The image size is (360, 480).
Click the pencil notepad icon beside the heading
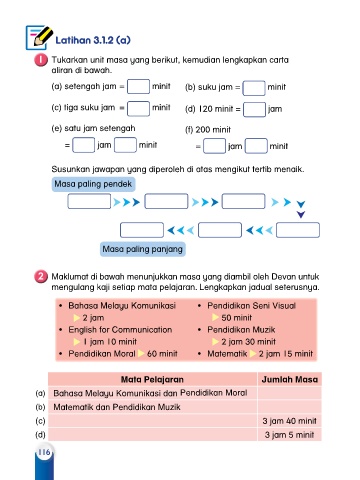tap(39, 37)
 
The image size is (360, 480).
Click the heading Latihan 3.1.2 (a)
tap(93, 40)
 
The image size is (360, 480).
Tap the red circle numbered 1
tap(41, 60)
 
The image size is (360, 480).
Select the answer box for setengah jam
tap(138, 87)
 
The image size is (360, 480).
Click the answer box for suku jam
tap(254, 88)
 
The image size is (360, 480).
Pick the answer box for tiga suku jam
tap(138, 108)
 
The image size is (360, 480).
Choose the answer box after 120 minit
tap(254, 110)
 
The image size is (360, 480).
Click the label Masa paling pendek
tap(93, 184)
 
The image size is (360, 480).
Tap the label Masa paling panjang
tap(143, 249)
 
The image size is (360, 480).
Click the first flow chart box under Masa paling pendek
tap(89, 201)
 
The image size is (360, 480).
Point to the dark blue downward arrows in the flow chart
tap(301, 209)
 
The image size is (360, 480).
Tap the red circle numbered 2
tap(41, 277)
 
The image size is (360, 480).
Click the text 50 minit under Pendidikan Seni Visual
tap(237, 318)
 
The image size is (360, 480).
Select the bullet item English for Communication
tap(120, 330)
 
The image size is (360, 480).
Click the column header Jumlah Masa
tap(290, 379)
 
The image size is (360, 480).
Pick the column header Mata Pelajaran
tap(152, 379)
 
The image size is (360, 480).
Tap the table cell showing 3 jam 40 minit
tap(289, 421)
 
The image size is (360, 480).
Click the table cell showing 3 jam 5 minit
tap(289, 435)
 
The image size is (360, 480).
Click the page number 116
tap(44, 452)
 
